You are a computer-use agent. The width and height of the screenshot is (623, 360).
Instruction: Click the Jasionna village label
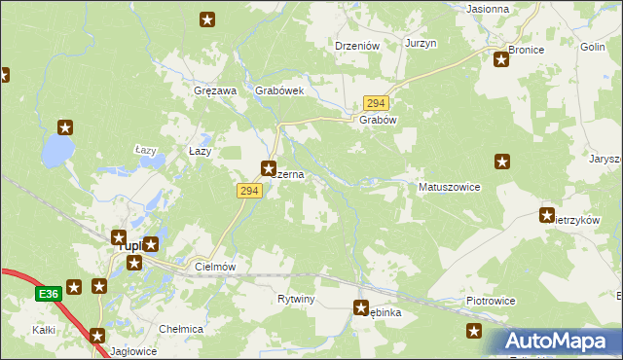[489, 9]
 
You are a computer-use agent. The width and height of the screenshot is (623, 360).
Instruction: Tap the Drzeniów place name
[356, 45]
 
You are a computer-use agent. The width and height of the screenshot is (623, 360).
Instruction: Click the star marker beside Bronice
[501, 59]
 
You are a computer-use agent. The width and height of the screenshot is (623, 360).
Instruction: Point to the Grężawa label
[216, 90]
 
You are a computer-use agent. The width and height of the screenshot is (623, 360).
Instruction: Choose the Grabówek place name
[280, 90]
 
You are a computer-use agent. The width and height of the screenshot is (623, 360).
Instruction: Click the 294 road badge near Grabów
[376, 102]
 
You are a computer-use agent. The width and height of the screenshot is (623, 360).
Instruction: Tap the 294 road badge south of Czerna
[247, 192]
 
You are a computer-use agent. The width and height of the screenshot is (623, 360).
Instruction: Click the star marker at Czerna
[270, 167]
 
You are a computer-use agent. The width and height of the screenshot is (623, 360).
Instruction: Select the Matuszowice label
[449, 187]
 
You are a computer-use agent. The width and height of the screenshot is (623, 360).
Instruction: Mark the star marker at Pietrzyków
[547, 215]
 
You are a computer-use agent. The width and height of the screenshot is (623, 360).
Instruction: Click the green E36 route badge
[50, 293]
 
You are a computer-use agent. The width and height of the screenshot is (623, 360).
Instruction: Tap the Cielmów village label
[216, 266]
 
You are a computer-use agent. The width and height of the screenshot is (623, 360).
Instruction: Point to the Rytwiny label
[296, 299]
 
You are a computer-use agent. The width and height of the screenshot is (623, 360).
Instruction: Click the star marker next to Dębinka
[361, 308]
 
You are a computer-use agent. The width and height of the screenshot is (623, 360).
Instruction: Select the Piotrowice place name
[491, 303]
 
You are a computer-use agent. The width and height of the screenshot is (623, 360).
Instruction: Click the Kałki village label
[43, 331]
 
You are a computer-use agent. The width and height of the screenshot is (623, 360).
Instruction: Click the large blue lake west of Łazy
[56, 150]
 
